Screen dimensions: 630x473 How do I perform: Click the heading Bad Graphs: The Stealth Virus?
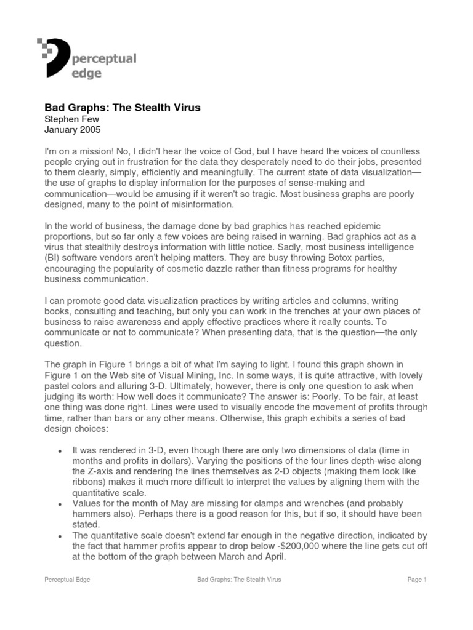pyautogui.click(x=123, y=108)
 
